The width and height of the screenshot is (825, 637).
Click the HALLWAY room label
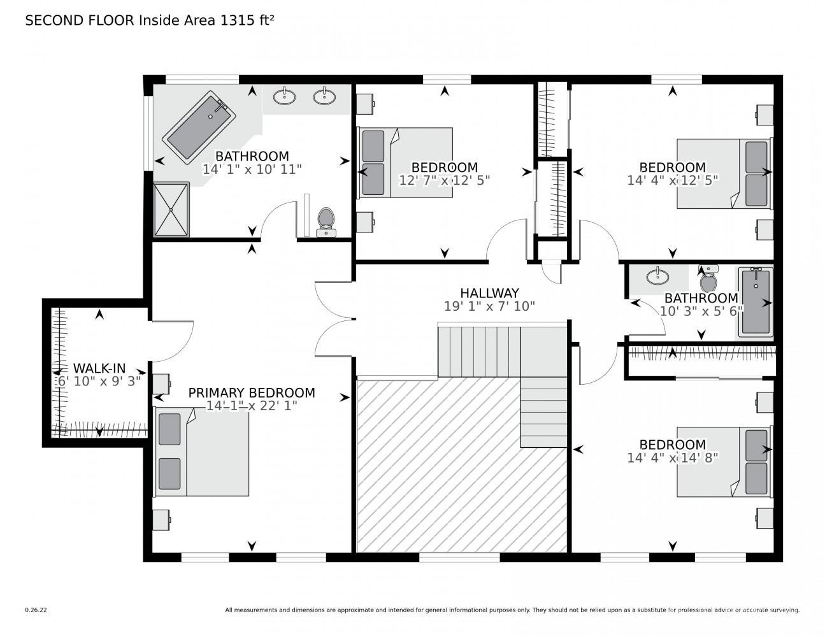[x=489, y=293]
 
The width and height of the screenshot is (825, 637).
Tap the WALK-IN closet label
[x=99, y=368]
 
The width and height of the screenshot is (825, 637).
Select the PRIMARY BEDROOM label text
[x=252, y=393]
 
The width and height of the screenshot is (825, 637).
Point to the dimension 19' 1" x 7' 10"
[x=489, y=306]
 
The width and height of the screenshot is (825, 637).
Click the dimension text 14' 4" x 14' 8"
[x=672, y=458]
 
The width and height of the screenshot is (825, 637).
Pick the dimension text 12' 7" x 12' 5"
[x=444, y=180]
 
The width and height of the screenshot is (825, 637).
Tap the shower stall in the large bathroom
[x=171, y=210]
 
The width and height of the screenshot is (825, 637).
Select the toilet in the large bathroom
[x=326, y=222]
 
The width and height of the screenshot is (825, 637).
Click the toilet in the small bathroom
[x=708, y=279]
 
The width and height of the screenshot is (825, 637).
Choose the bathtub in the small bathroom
[x=756, y=302]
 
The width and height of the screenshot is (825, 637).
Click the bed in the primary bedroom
[x=201, y=452]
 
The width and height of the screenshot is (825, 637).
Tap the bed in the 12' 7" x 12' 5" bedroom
[x=405, y=162]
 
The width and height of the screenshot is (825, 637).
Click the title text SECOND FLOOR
[x=80, y=20]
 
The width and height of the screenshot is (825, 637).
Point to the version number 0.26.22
[x=36, y=610]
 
